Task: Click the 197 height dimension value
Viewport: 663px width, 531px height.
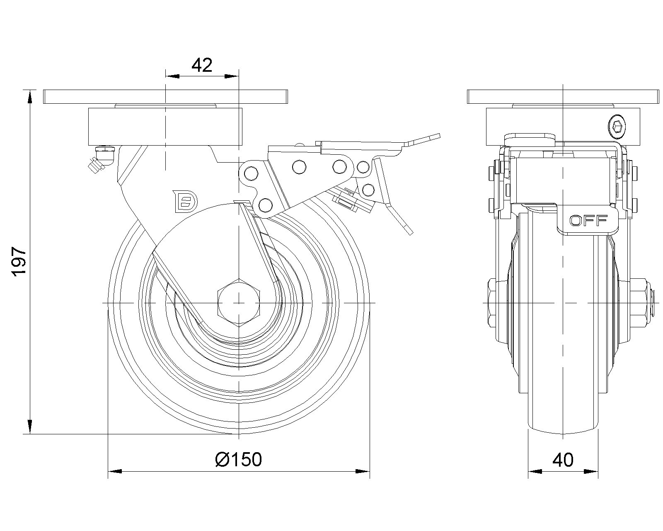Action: [x=19, y=261]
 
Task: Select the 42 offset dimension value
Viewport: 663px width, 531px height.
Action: [x=202, y=65]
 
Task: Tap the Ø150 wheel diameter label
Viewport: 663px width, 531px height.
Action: [x=238, y=459]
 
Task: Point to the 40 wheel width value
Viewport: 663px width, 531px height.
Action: [x=563, y=460]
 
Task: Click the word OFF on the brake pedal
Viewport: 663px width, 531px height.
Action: [x=588, y=220]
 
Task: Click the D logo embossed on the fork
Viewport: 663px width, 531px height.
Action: [x=186, y=202]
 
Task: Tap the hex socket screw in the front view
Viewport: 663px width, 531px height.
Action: [x=617, y=126]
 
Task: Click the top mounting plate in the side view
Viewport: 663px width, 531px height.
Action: [x=166, y=97]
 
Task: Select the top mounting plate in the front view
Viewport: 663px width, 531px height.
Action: [x=563, y=97]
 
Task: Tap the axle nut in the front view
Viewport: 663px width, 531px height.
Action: [x=239, y=303]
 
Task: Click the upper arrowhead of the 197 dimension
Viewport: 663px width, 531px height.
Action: [x=30, y=96]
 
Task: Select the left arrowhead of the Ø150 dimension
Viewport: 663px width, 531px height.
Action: [x=115, y=471]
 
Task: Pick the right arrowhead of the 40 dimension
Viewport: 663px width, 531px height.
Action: [x=591, y=471]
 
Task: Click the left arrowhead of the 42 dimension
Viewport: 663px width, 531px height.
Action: [x=172, y=76]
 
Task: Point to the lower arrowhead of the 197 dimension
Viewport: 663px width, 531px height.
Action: [x=30, y=427]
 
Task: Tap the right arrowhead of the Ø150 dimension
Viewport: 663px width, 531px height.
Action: [x=363, y=471]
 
